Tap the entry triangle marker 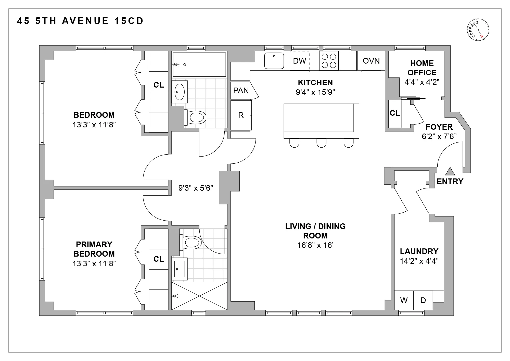pos(450,172)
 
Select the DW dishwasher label pos(299,61)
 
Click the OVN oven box pos(371,61)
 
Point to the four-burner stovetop pos(329,61)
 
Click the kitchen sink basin pos(274,61)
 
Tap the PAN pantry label pos(241,91)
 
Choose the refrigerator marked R pos(241,115)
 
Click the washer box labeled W pos(404,300)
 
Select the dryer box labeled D pos(423,300)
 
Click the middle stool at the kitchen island pos(321,143)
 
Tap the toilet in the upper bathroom pos(196,118)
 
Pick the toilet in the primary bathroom pos(191,243)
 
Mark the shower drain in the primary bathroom pos(199,296)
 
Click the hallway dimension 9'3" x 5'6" pos(196,188)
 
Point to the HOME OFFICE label pos(422,68)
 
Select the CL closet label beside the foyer pos(395,113)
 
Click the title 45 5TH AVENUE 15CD pos(80,21)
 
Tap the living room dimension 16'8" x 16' pos(315,245)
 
